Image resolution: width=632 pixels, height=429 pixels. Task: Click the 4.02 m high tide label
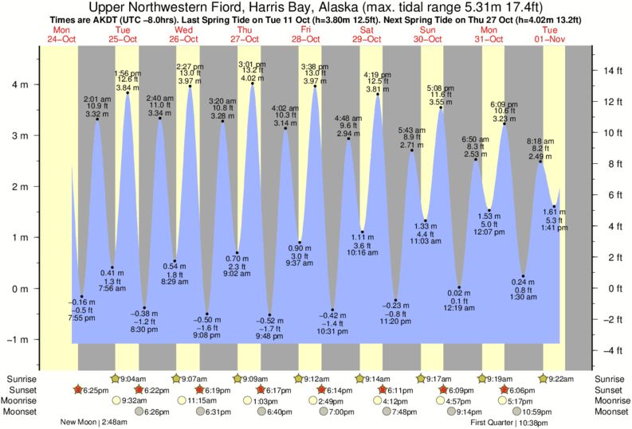252,78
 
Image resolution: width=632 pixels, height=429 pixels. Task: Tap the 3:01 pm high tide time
252,64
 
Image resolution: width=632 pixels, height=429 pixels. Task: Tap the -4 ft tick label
610,350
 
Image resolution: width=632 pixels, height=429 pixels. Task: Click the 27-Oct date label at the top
245,39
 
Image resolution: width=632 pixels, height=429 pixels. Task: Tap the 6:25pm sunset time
93,390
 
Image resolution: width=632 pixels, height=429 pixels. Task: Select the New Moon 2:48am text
94,422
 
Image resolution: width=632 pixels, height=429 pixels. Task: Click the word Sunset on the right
610,389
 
